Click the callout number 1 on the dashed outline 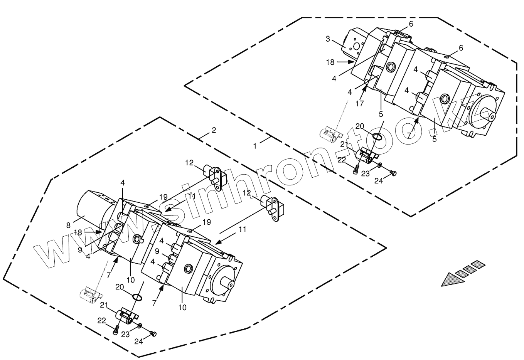[254, 146]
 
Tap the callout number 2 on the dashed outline [214, 130]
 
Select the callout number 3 [328, 39]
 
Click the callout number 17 [360, 104]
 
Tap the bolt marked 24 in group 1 [393, 173]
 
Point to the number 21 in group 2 [103, 305]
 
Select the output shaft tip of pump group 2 [231, 284]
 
